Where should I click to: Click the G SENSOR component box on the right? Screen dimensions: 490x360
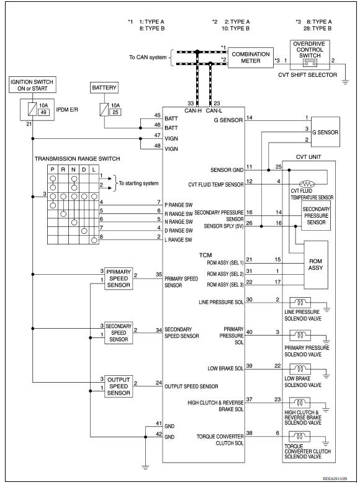point(325,132)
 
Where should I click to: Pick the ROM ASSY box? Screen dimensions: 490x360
point(316,265)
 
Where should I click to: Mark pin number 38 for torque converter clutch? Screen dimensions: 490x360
point(250,432)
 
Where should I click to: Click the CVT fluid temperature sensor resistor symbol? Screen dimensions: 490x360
point(307,184)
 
